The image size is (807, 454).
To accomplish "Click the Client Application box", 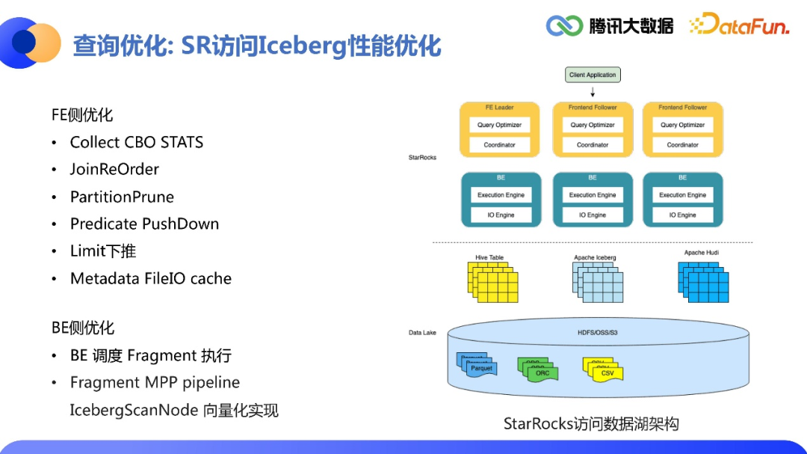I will [x=593, y=75].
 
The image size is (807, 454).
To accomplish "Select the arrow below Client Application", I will [x=593, y=91].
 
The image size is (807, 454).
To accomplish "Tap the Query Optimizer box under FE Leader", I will [x=499, y=125].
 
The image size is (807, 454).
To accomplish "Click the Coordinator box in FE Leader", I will [x=499, y=145].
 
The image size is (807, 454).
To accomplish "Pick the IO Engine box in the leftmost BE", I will [x=501, y=215].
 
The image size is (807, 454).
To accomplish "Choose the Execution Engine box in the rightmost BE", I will [x=682, y=195].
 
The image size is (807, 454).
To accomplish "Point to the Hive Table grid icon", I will [x=492, y=282].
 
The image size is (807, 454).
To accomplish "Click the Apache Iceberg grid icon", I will [x=597, y=283].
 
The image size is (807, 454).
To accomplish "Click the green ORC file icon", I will [x=539, y=369].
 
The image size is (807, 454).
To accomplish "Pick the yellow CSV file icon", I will [x=603, y=369].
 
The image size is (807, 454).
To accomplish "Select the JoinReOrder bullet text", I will [x=114, y=170].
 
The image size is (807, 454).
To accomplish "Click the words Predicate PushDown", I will [x=144, y=224].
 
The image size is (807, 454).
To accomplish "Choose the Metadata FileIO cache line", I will [x=150, y=278].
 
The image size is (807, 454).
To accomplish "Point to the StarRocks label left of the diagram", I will [x=422, y=158].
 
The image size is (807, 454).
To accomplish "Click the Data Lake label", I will [x=422, y=332].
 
